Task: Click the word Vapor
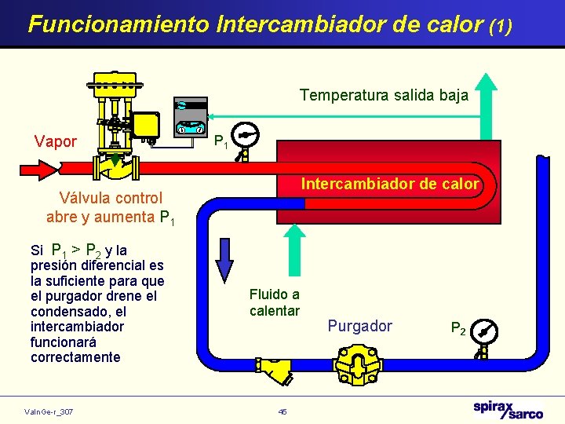click(x=56, y=142)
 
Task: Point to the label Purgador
click(x=359, y=326)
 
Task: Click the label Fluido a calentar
click(x=275, y=302)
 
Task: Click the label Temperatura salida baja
click(x=384, y=95)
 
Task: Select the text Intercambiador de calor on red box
click(x=390, y=185)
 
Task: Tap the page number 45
click(x=282, y=411)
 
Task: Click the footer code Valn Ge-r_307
click(x=49, y=411)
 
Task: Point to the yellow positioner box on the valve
click(x=146, y=124)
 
